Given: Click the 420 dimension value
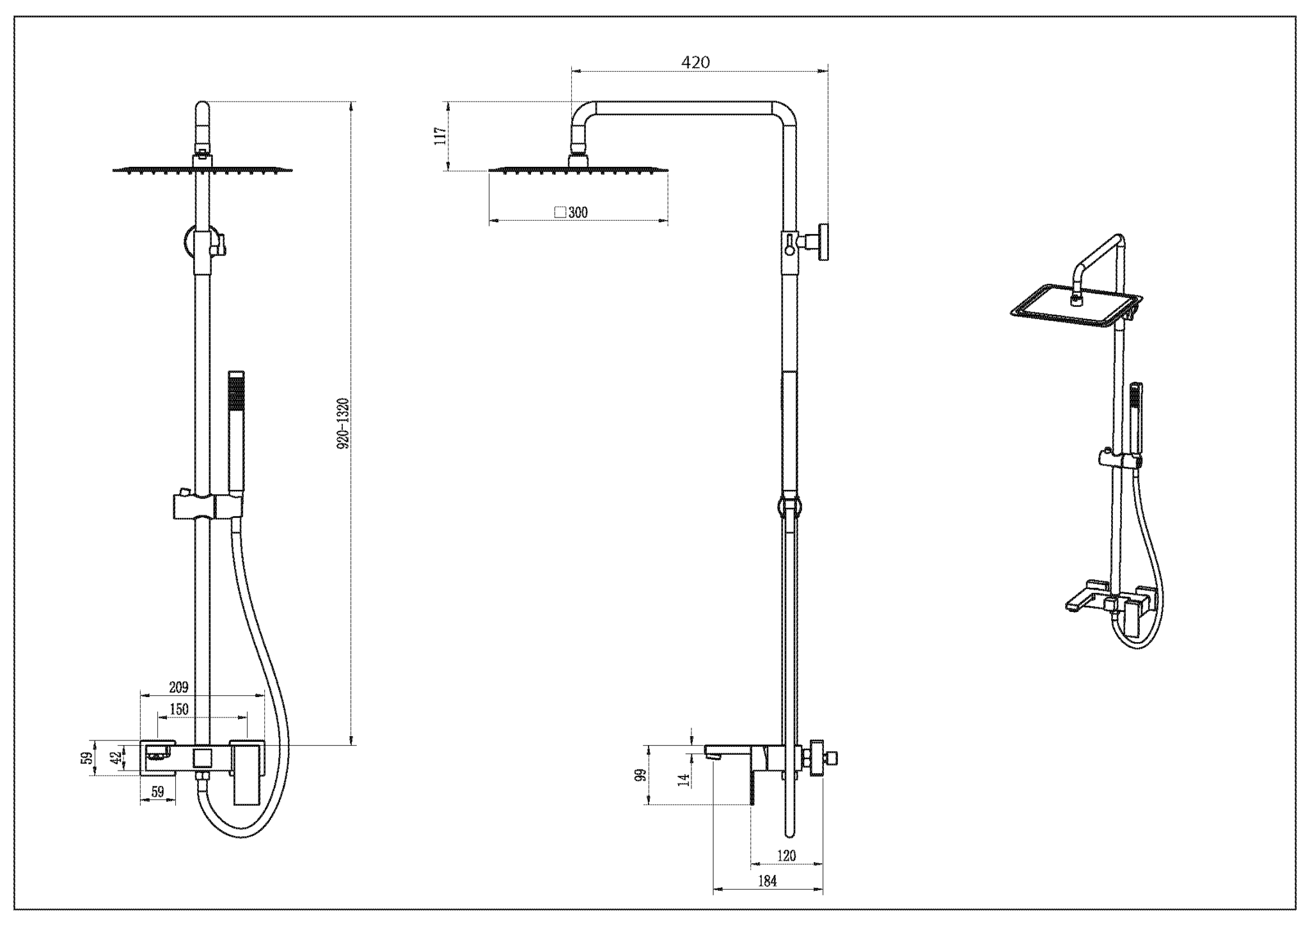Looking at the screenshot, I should (695, 63).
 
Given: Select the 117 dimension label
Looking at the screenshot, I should (441, 136).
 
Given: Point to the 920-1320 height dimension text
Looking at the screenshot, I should (343, 423).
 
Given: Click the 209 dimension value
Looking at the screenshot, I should (178, 687).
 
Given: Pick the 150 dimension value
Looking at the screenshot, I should (178, 709).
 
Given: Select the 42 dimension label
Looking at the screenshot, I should (116, 758).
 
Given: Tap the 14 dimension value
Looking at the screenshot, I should (684, 780).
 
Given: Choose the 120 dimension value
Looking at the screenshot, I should (786, 856).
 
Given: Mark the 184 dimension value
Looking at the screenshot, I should (767, 881).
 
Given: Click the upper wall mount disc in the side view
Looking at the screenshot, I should (824, 242).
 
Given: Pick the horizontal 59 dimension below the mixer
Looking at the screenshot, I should (157, 792).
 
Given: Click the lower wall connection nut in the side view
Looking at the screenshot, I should (817, 758).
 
